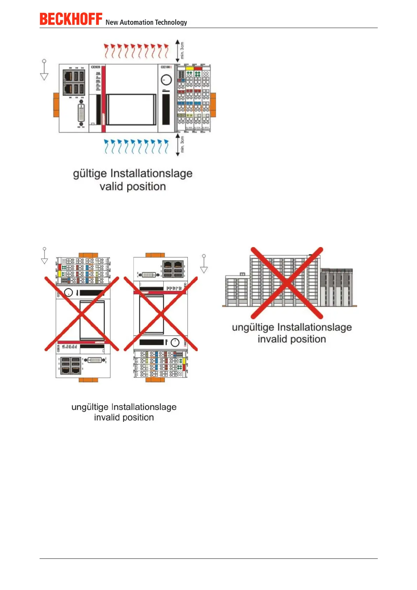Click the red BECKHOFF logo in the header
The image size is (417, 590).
(71, 19)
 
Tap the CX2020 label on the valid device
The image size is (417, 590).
(96, 67)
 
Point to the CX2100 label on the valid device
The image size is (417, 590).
(166, 67)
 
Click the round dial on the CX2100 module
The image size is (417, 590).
(166, 80)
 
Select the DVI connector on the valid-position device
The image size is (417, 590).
(81, 113)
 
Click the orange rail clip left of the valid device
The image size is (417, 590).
(56, 105)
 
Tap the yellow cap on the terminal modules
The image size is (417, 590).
(189, 68)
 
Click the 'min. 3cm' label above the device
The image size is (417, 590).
(182, 50)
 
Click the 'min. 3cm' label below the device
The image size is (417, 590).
(182, 144)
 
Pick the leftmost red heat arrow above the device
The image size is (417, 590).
(107, 50)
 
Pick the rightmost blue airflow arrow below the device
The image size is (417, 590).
(166, 146)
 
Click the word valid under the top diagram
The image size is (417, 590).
(111, 186)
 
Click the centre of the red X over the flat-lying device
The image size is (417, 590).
(287, 283)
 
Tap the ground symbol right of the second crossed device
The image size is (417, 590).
(204, 264)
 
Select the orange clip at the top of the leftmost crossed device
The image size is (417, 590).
(88, 255)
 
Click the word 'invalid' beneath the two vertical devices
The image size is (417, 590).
(107, 417)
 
